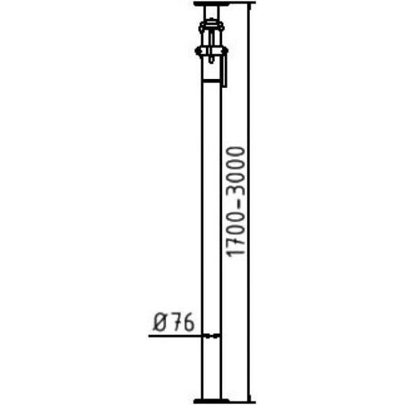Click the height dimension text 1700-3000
click(235, 202)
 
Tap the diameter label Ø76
click(173, 322)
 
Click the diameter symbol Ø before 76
click(160, 322)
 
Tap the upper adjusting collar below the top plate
click(212, 26)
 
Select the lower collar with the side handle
click(212, 50)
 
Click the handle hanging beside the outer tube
click(224, 70)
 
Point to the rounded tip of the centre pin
click(212, 62)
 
